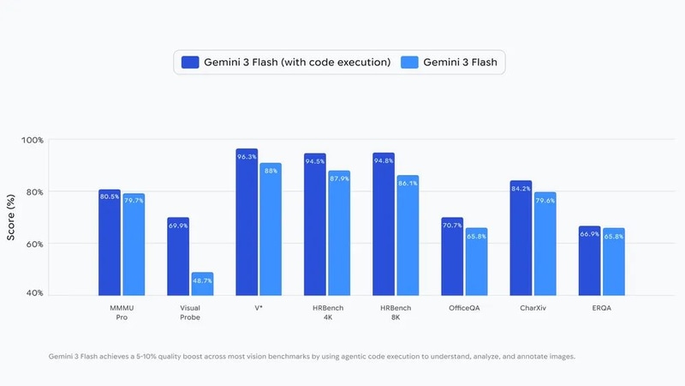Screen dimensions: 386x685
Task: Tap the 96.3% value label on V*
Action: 247,157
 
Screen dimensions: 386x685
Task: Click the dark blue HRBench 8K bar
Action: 384,232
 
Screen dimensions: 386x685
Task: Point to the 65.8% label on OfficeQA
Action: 475,236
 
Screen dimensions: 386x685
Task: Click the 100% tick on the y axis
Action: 33,140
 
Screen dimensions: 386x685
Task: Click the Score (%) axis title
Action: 11,217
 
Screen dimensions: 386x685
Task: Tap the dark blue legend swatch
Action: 190,62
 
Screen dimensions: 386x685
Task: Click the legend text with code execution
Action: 297,62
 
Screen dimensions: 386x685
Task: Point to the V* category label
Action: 258,307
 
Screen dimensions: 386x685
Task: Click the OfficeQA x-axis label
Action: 463,307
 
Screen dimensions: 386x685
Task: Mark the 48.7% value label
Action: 201,280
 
